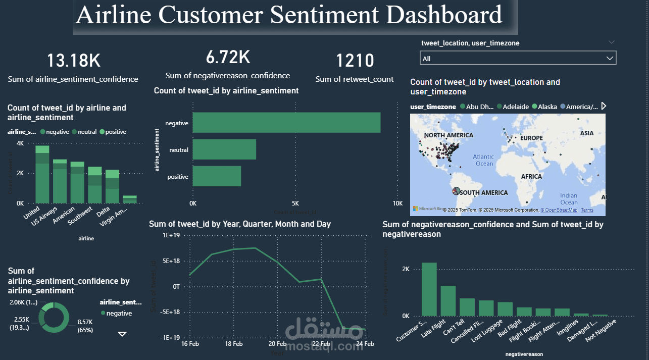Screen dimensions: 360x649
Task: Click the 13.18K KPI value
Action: tap(74, 61)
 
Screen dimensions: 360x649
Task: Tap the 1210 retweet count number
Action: tap(355, 61)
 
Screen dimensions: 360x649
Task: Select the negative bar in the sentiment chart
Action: tap(286, 123)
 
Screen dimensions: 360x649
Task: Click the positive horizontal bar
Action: tap(217, 177)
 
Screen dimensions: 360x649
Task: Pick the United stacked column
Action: tap(42, 174)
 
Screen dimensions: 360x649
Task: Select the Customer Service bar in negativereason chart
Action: tap(429, 289)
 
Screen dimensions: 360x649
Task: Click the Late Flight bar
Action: tap(448, 300)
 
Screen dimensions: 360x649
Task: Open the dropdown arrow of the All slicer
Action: tap(610, 59)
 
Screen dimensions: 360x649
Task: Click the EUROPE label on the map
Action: tap(531, 138)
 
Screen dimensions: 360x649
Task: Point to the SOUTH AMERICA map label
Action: tap(483, 192)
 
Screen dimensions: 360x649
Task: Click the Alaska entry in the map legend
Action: tap(547, 107)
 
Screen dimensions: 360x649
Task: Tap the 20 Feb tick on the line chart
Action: tap(277, 344)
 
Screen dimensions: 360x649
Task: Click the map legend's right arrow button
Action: tap(603, 107)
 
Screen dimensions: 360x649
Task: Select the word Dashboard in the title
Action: tap(444, 15)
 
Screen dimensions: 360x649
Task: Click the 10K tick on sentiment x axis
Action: tap(397, 203)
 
